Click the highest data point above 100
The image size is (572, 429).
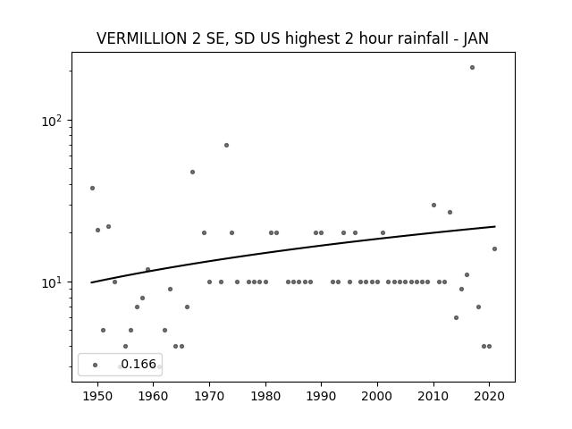[472, 68]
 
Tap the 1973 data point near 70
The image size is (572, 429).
[226, 145]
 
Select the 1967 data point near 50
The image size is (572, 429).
[193, 172]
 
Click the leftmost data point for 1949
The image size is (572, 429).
[92, 189]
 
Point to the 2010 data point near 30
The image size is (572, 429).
[433, 205]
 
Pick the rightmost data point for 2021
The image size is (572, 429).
[494, 248]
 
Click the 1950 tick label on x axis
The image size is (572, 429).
[97, 396]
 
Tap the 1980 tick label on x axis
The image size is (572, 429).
[265, 396]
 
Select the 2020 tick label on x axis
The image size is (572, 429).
[489, 396]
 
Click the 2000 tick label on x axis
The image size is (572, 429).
[377, 396]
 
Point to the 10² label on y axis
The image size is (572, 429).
[52, 122]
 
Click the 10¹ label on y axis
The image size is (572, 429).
[52, 282]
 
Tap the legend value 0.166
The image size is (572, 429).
[139, 364]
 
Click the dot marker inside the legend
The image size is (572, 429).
[96, 366]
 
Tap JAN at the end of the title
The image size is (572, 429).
[475, 38]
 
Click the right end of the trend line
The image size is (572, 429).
[495, 226]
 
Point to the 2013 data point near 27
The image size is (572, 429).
[450, 213]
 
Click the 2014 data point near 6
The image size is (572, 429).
[456, 318]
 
